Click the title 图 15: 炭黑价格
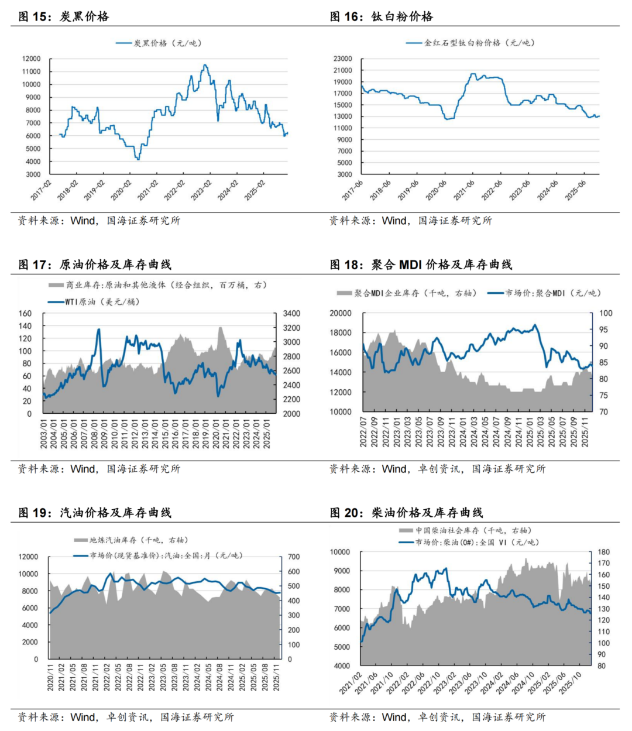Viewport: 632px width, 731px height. (x=64, y=16)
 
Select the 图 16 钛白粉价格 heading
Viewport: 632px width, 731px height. (x=382, y=16)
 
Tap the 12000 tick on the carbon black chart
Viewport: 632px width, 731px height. (x=32, y=59)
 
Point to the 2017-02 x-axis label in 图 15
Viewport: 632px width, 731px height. (x=42, y=190)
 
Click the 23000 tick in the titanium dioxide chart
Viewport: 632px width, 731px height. (x=343, y=59)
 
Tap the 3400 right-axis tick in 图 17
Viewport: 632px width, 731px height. (x=291, y=314)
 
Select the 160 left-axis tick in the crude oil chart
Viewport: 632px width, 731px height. (x=25, y=314)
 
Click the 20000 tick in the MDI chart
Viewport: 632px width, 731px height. (x=341, y=314)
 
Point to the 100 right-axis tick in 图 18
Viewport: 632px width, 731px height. (x=606, y=314)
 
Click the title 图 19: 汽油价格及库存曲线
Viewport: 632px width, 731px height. (x=95, y=513)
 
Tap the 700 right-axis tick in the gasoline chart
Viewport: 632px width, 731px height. (x=293, y=557)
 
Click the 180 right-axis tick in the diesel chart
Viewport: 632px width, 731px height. (x=603, y=552)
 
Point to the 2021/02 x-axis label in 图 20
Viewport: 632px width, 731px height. (x=351, y=684)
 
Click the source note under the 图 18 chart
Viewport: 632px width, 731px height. (x=437, y=469)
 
